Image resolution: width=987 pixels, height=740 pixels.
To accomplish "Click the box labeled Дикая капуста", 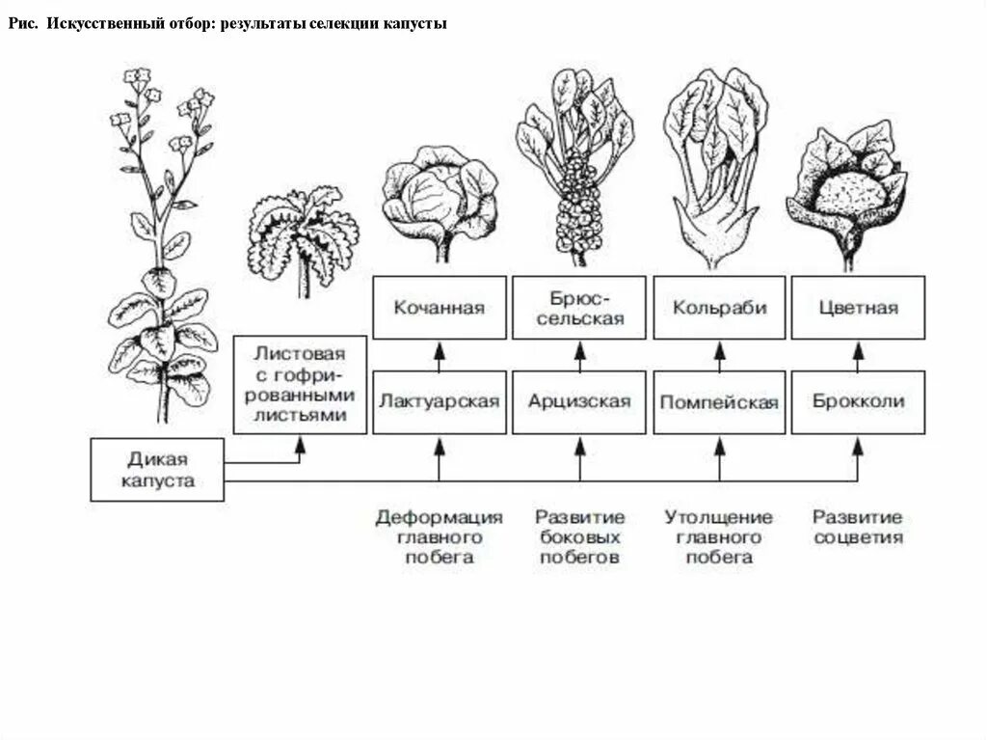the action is (x=157, y=469).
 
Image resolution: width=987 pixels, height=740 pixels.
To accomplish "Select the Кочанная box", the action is (x=439, y=308).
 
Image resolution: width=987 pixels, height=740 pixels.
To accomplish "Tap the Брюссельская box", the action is (x=579, y=308).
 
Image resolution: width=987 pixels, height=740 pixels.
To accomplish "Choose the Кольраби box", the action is (x=719, y=308).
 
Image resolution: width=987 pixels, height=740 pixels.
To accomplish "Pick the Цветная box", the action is (x=858, y=308).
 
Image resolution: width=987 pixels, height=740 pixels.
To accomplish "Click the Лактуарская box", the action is (x=439, y=401).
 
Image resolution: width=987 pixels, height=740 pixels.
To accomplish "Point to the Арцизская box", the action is (x=579, y=401).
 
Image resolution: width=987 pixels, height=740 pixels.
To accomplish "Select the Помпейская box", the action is (x=719, y=401).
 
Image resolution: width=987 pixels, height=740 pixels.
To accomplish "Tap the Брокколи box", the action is (x=858, y=401).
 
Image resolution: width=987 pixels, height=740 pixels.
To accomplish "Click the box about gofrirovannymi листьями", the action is (x=301, y=383).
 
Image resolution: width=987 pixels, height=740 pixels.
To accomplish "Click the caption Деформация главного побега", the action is (x=440, y=536).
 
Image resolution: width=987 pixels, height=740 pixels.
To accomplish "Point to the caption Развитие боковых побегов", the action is (x=580, y=536).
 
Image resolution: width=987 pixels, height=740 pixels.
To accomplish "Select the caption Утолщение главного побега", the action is (x=719, y=536).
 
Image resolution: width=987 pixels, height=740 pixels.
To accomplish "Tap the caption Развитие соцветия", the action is (x=858, y=527).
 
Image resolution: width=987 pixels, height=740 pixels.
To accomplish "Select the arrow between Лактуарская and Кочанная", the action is (x=439, y=354).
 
